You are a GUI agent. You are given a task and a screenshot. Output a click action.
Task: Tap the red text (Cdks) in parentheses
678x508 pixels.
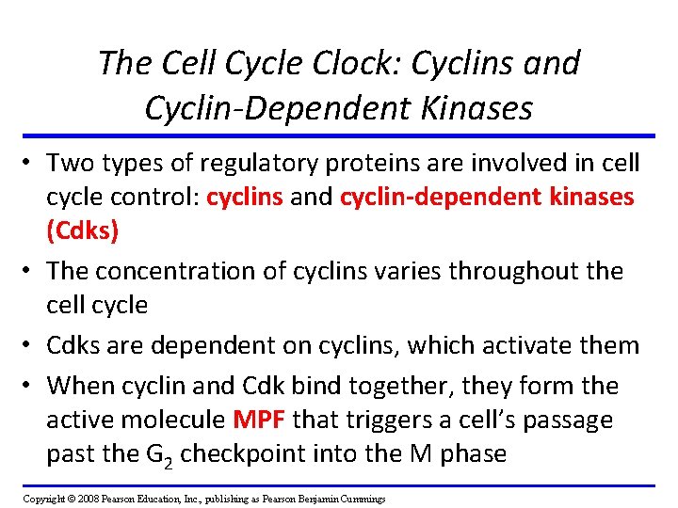point(83,231)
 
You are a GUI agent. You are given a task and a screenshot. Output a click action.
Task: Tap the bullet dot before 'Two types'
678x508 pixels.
point(32,164)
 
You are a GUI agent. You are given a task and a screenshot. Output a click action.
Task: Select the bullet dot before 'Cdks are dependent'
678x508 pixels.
point(32,345)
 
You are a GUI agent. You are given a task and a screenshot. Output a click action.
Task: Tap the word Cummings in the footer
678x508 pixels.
point(358,498)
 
